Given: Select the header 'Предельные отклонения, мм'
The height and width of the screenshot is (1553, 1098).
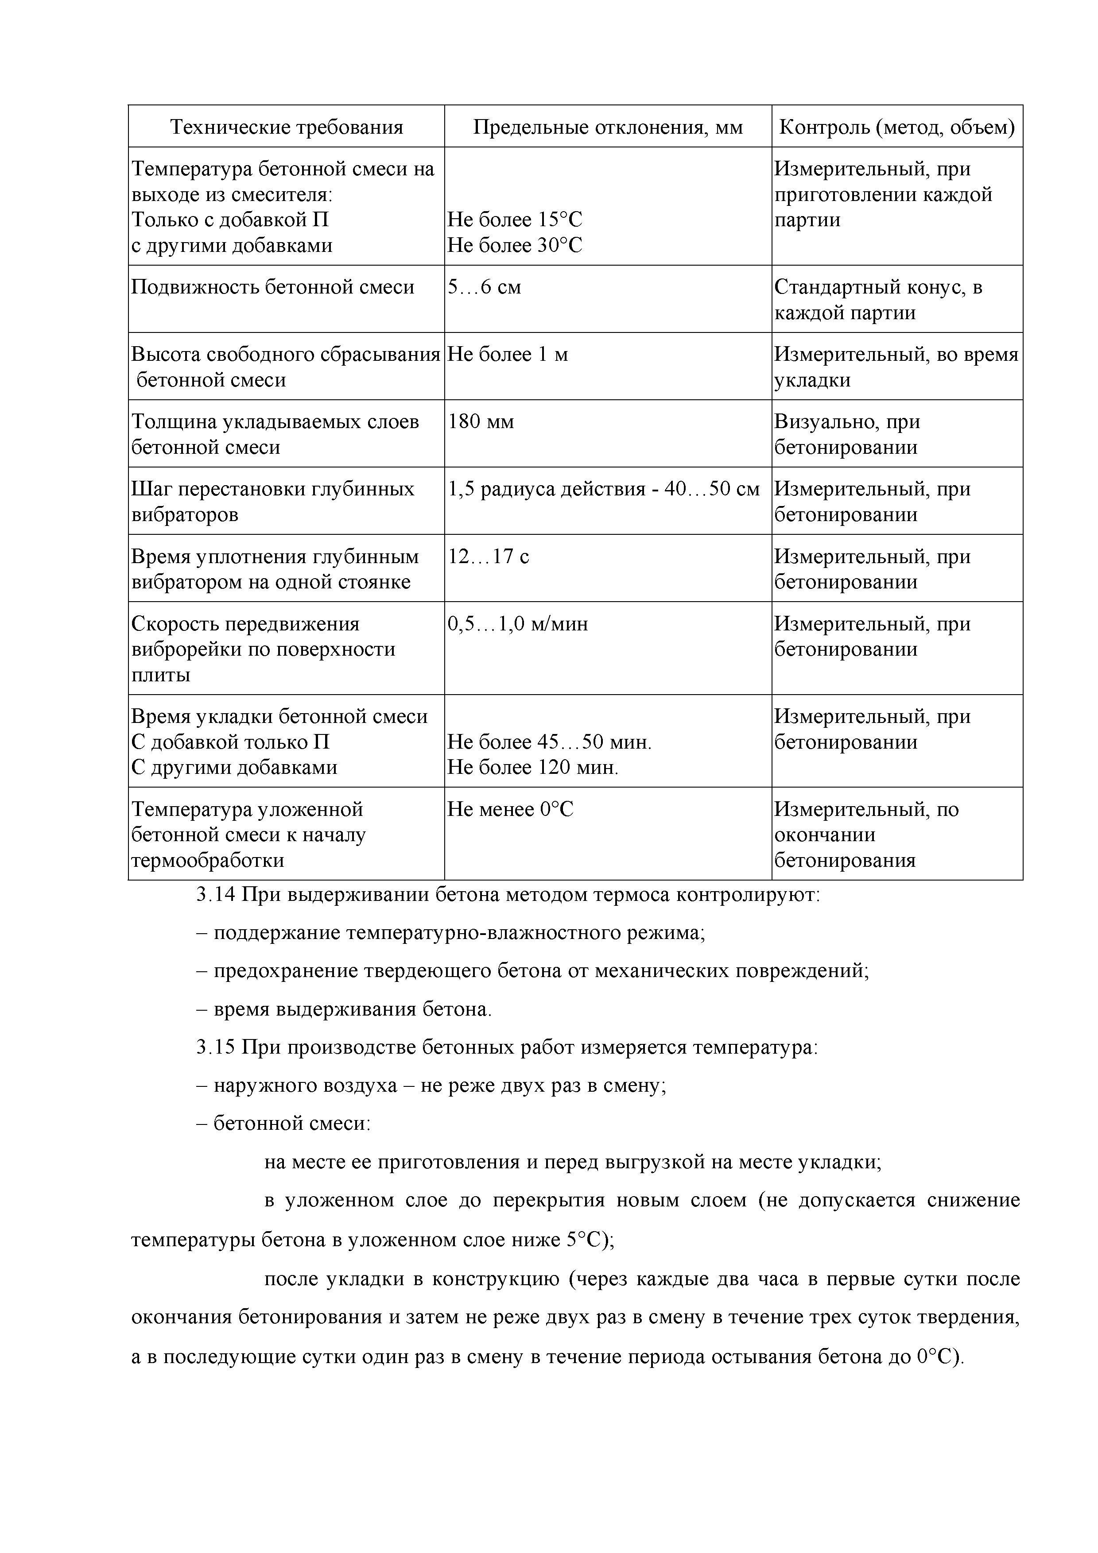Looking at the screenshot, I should point(608,127).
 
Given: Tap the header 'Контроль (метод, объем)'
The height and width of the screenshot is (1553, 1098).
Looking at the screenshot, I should point(896,127).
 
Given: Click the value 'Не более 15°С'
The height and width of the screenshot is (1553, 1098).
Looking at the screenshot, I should point(514,220).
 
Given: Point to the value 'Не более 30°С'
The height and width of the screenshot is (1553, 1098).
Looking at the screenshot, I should point(514,245).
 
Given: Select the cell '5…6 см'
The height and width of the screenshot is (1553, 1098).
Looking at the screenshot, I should point(485,287).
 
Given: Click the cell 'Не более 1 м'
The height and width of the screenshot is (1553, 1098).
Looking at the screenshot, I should point(508,355).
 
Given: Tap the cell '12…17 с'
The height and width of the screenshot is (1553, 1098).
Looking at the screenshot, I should point(488,556).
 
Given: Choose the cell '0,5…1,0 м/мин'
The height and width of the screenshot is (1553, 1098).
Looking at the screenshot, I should point(517,624).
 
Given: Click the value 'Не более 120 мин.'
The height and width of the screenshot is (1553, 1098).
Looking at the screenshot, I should point(532,768).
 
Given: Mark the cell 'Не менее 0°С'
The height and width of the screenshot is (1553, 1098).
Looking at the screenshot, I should point(510,810).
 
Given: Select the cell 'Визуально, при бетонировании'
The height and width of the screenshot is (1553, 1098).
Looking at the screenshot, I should point(846,434).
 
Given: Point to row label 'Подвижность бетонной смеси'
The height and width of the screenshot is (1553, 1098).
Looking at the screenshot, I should point(273,287).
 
